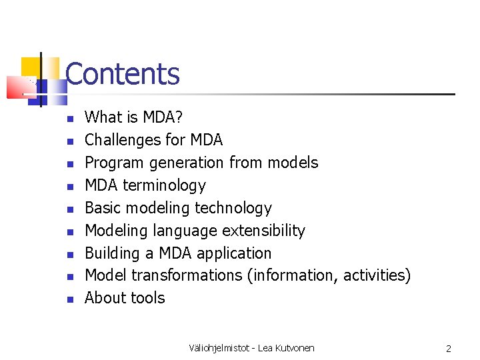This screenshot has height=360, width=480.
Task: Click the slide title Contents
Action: (x=123, y=74)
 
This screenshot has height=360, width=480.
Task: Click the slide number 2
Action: (x=449, y=348)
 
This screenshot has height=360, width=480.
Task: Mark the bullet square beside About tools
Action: (x=69, y=299)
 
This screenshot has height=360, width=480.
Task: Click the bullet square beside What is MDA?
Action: (x=69, y=119)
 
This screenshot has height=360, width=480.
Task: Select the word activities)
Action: (x=377, y=275)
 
